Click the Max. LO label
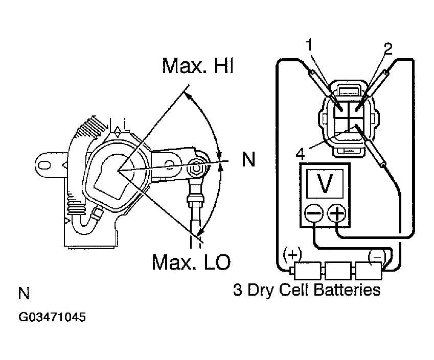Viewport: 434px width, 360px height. [x=191, y=262]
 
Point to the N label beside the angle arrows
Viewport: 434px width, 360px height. [x=248, y=160]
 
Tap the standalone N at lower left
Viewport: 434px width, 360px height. [x=24, y=294]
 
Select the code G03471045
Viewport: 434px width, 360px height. [x=52, y=317]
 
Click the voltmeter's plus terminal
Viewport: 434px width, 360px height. [x=337, y=213]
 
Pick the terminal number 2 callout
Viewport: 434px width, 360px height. [x=388, y=49]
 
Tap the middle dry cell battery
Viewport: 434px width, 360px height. [x=337, y=269]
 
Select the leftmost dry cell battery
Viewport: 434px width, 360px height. [x=305, y=269]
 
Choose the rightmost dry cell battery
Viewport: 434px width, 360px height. [x=369, y=269]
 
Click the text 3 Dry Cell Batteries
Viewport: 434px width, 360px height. [x=307, y=290]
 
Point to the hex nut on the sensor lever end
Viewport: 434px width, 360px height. [x=197, y=167]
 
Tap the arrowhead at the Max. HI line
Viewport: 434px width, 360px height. [x=188, y=95]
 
